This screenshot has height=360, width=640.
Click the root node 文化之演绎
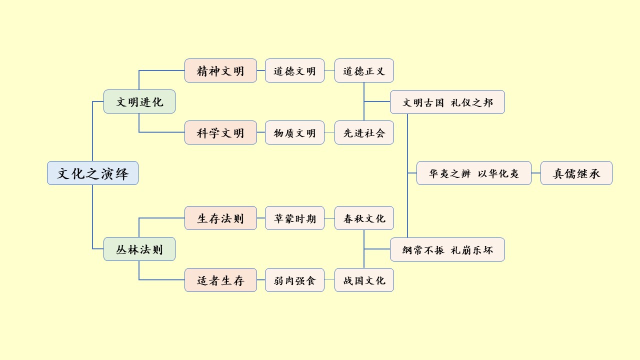(92, 173)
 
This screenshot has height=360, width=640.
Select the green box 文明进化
(139, 101)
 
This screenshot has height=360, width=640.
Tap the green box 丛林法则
(139, 249)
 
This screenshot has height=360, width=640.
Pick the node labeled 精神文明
(220, 70)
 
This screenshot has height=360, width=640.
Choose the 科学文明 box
(220, 132)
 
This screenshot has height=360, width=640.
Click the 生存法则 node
(220, 218)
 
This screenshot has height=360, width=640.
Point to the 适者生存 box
(220, 280)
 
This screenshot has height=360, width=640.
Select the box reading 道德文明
(294, 70)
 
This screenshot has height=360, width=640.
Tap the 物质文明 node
(294, 132)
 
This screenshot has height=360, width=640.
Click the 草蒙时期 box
(294, 218)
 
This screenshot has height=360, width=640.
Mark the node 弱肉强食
(294, 280)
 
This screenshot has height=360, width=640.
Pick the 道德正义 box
(364, 70)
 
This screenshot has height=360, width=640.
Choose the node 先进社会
(364, 132)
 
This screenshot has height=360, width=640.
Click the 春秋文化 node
(364, 218)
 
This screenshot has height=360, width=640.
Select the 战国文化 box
(364, 280)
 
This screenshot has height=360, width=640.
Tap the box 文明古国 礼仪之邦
(447, 102)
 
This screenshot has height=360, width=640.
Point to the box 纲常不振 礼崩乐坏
(447, 249)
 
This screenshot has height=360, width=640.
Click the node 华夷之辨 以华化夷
(473, 173)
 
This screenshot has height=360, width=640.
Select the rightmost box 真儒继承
(576, 173)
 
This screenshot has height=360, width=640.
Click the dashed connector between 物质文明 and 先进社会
(329, 132)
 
